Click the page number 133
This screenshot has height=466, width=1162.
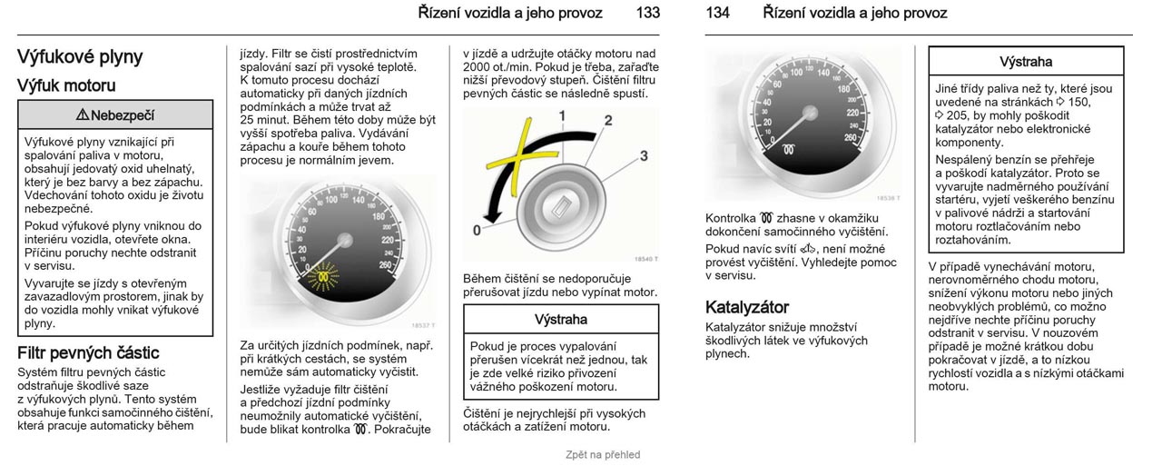[648, 13]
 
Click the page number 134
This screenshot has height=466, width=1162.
[717, 13]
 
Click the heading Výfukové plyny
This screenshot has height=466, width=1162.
[80, 57]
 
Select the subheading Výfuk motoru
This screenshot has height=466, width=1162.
[66, 85]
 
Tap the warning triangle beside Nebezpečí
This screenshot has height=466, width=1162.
[82, 114]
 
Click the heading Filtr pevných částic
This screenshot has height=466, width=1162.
[88, 352]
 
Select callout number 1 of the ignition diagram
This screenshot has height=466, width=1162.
[562, 115]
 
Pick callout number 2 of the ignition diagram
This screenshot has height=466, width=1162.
[608, 121]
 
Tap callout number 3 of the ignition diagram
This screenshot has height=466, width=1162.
[644, 155]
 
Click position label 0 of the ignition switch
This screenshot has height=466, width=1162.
[477, 230]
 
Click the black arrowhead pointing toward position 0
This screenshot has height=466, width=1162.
[492, 216]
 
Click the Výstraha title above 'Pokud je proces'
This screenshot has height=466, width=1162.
[561, 320]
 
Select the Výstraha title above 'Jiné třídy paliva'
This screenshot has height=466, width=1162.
[1026, 63]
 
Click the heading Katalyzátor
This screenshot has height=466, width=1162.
[747, 307]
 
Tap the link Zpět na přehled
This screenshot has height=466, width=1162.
[603, 454]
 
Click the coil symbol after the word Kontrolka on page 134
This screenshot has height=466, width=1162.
[766, 219]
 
